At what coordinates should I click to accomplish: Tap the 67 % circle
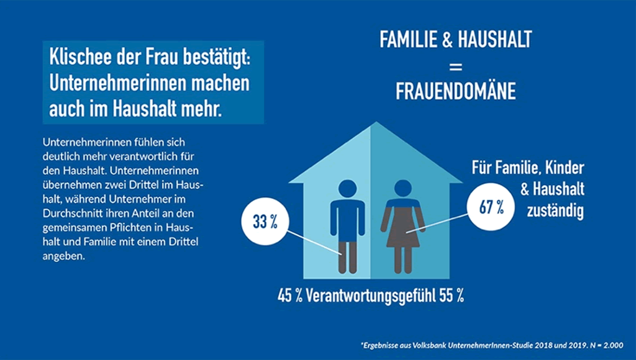coord(491,206)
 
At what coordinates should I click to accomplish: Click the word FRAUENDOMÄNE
coord(456,92)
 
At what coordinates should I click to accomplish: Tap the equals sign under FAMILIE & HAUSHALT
coord(456,66)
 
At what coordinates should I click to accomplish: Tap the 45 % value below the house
coord(289,295)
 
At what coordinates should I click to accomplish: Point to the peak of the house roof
coord(371,124)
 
